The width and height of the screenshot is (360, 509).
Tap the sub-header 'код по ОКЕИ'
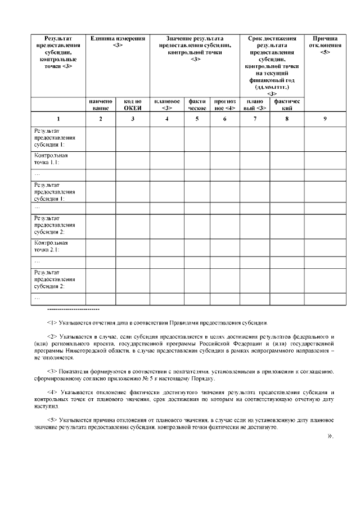coord(133,105)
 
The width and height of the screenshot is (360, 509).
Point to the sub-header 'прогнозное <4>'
coord(225,105)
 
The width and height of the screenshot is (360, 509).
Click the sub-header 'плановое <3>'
coord(166,105)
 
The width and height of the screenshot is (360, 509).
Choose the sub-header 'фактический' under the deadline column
coord(287,105)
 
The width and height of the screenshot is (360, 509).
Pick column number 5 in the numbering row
coord(197,119)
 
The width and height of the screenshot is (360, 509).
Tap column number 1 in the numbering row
coord(57,119)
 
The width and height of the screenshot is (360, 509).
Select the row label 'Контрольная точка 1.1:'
coord(51,159)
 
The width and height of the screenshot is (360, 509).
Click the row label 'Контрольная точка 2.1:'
coord(51,246)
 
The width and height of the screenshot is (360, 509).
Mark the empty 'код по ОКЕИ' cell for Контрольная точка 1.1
coord(133,159)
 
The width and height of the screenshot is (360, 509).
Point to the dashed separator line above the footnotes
coord(74,310)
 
